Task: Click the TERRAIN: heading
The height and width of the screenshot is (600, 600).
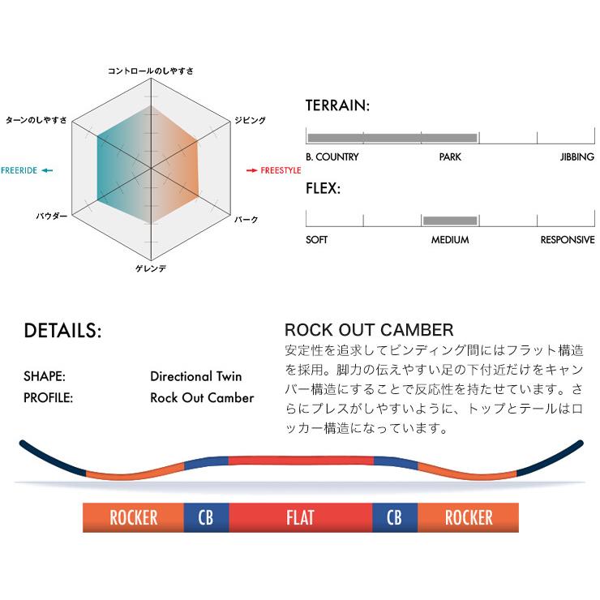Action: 338,106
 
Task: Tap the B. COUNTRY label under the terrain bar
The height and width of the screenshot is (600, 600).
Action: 332,156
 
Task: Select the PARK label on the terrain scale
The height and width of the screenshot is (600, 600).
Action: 450,156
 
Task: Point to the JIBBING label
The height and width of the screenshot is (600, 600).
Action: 576,156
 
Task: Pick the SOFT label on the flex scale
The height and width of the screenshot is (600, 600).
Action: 317,240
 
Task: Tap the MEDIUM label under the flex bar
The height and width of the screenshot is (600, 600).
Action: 450,240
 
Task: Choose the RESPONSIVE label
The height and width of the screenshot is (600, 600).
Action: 568,240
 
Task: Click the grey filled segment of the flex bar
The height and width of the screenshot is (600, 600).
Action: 450,221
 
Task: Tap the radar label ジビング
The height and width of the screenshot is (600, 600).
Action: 249,120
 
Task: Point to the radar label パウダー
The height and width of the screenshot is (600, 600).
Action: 52,217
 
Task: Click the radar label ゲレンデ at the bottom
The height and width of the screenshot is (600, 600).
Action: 151,268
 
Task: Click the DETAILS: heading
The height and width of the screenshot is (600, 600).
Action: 62,332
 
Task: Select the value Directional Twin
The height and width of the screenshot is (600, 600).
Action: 196,377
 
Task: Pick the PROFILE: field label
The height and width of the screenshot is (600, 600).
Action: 49,398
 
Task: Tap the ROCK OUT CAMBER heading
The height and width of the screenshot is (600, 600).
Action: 369,331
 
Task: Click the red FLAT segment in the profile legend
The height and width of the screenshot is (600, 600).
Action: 301,516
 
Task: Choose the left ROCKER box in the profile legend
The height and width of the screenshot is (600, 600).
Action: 133,516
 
